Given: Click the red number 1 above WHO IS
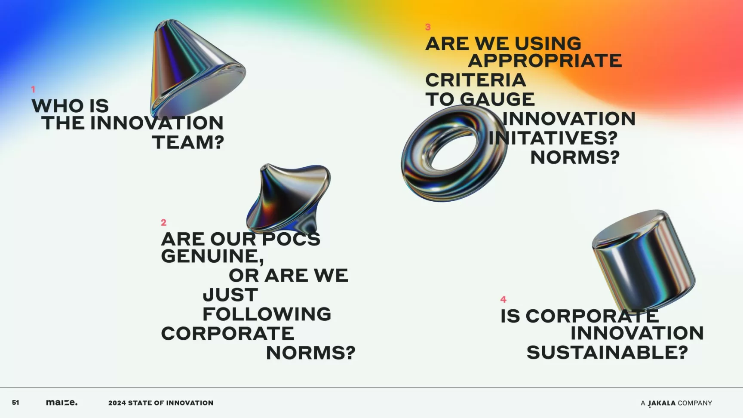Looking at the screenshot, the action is coord(33,89).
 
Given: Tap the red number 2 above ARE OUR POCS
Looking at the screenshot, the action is coord(163,222).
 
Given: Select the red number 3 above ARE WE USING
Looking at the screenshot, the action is coord(428,27).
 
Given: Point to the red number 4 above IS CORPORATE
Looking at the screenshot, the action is coord(504,299).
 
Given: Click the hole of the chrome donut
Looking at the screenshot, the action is coord(454,148).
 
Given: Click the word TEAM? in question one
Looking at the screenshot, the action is coord(188,142).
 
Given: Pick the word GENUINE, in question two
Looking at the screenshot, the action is coord(212,256).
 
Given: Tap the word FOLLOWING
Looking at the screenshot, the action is coord(267,314).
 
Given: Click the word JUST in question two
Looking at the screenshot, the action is coord(230,295).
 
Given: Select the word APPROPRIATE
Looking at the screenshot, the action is coord(545,61).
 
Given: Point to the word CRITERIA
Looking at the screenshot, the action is coord(476,80).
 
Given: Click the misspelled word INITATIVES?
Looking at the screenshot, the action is coord(553,138).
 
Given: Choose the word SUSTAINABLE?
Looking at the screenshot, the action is coord(607,353).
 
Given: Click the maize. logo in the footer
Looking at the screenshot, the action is coord(62,403).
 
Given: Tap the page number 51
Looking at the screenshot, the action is coord(15,403).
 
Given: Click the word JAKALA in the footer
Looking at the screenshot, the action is coord(662,403).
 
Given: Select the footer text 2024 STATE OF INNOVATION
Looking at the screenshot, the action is coord(161,403).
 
